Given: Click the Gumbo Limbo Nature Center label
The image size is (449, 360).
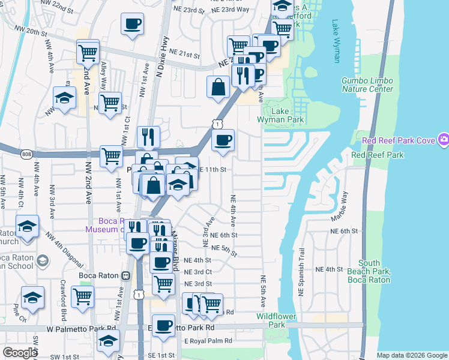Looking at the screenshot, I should [367, 85].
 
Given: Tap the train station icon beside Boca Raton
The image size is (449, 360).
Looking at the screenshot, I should [125, 276].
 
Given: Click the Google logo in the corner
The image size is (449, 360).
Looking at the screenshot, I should [20, 353].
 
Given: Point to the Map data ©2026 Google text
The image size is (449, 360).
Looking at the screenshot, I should [412, 355].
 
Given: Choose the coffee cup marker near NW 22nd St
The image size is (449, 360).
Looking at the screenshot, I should [132, 25].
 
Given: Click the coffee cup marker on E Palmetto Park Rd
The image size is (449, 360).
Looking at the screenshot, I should [162, 326].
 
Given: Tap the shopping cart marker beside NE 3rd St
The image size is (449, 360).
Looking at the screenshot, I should [163, 284].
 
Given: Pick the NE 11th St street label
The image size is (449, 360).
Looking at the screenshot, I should [212, 170].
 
